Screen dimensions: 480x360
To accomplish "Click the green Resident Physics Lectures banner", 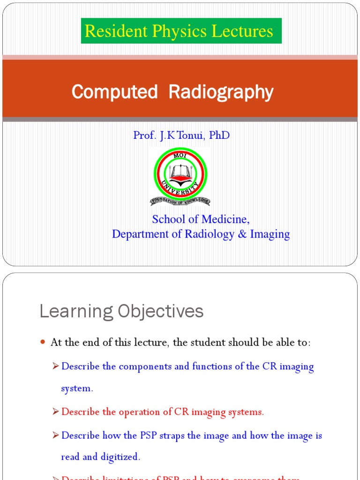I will tap(181, 31).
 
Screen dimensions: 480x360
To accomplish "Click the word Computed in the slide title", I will tap(114, 92).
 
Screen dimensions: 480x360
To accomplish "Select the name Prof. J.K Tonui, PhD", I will tap(181, 135).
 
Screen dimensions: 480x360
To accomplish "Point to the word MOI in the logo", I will tap(180, 155).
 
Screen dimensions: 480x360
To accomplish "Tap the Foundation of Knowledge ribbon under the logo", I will tap(180, 201).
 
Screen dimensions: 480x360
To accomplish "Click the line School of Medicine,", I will tap(201, 219).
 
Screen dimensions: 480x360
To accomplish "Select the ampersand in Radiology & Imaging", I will tap(242, 234).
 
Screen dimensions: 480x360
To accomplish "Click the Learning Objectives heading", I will tap(121, 311).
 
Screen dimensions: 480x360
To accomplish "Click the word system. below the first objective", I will tap(77, 389).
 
